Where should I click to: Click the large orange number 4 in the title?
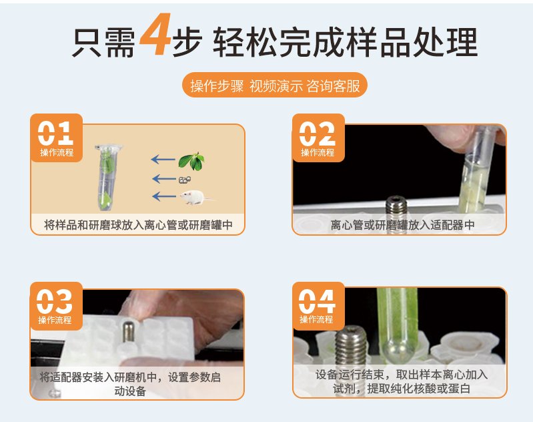click(x=155, y=34)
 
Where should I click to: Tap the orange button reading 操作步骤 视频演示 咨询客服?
click(x=275, y=85)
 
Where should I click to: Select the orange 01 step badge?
click(x=57, y=138)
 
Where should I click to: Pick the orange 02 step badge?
click(x=318, y=138)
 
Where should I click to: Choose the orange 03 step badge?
click(x=57, y=306)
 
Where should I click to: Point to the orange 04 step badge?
click(x=318, y=306)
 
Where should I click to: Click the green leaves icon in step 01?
click(x=191, y=161)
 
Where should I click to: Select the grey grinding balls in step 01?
click(x=185, y=180)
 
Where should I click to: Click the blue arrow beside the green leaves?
click(x=163, y=159)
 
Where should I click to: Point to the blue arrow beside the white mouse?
click(x=165, y=196)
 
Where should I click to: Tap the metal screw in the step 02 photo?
click(x=396, y=210)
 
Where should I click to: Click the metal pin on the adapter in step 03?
click(x=128, y=331)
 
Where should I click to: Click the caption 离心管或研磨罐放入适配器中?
click(x=402, y=225)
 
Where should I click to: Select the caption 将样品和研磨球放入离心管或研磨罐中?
click(x=138, y=225)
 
